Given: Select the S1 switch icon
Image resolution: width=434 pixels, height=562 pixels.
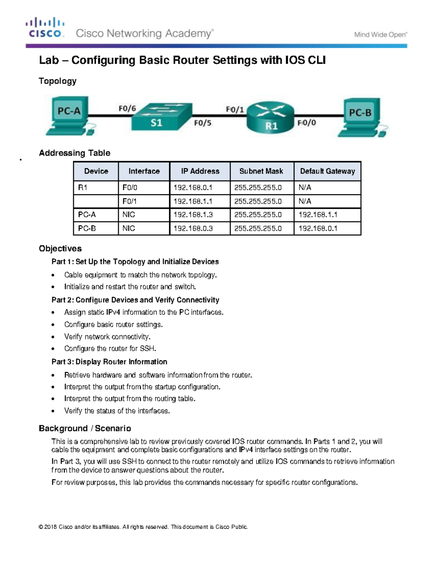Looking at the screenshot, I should point(161,117).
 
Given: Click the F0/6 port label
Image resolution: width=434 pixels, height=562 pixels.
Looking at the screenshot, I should point(127,108).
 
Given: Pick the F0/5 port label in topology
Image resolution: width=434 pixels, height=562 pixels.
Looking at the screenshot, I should point(203,123).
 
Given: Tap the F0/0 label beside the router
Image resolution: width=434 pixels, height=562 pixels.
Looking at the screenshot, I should point(307,123).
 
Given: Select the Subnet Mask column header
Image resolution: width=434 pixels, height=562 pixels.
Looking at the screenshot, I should point(261,171).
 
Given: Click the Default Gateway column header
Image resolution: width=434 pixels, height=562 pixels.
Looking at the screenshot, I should point(327,171).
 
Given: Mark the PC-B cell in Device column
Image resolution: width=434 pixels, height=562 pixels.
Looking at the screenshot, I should point(87,228).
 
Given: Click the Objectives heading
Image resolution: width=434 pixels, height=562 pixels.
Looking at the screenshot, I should point(60,249).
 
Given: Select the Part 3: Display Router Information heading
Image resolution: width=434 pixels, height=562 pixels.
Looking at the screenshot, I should point(109,362).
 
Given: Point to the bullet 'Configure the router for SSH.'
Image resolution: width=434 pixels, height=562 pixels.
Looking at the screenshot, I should point(110,348).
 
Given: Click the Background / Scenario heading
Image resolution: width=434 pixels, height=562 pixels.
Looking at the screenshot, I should point(85,428).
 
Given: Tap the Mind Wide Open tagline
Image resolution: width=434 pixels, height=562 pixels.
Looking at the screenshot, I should point(380,35).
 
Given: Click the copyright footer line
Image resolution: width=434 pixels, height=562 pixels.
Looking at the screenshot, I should point(143,527).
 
